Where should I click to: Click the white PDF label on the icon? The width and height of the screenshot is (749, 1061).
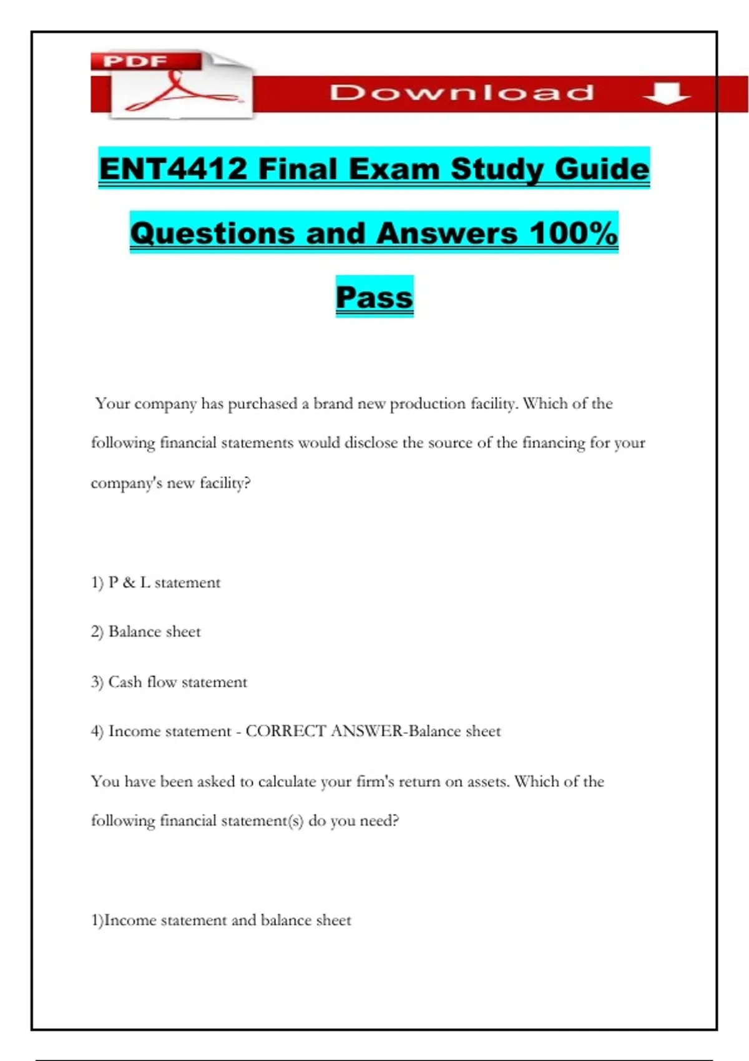pos(135,61)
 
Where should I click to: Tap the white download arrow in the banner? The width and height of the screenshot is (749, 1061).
pos(667,93)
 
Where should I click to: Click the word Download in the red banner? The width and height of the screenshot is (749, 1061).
pos(462,93)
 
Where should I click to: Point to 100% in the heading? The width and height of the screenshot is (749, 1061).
pos(574,233)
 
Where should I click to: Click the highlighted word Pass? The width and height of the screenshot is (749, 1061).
pos(374,297)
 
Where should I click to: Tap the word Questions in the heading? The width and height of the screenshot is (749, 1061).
pos(213,233)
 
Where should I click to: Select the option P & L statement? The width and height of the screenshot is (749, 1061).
pos(164,582)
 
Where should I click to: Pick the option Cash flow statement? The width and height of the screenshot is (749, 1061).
pos(177,682)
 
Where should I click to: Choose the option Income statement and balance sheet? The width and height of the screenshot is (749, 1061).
pos(227,920)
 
